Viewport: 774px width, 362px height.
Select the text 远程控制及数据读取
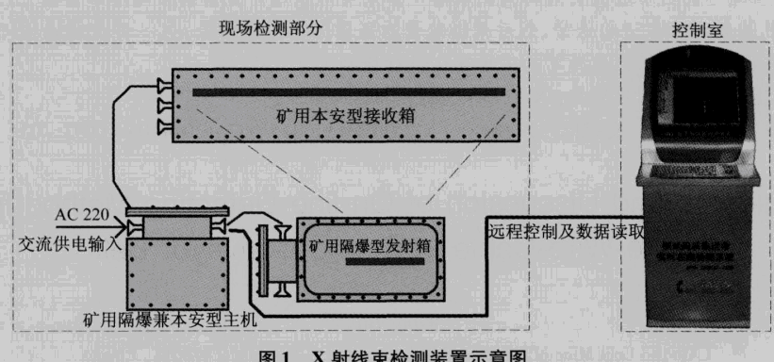coord(566,229)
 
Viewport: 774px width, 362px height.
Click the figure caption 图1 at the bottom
coord(387,354)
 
